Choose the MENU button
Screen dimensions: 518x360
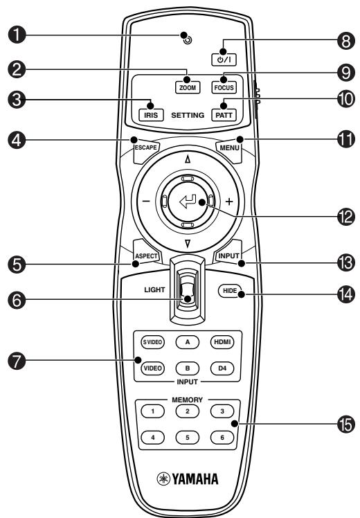coord(228,148)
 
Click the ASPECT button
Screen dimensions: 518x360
coord(147,256)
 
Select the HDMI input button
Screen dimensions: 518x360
coord(222,341)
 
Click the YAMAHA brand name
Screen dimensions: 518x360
coord(195,479)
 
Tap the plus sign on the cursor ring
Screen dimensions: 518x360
coord(228,204)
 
